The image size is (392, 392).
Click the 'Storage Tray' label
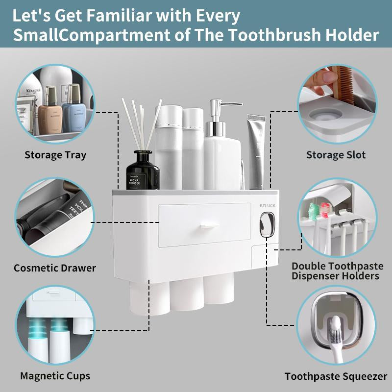[x=55, y=155]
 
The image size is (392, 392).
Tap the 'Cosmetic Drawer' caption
[x=55, y=268]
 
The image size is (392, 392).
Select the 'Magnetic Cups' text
[x=55, y=376]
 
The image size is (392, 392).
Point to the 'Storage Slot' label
[x=336, y=155]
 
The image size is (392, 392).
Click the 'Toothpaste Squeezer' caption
[x=336, y=377]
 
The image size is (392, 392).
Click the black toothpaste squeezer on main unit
[x=266, y=224]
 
